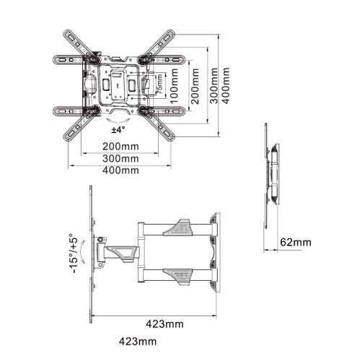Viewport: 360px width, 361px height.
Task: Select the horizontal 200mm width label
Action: click(120, 147)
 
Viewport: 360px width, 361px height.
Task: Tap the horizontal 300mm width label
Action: click(120, 158)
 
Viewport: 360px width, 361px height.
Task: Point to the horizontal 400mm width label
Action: click(120, 170)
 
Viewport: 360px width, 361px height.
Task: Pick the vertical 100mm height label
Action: click(174, 87)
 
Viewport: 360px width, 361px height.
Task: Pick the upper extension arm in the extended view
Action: click(173, 228)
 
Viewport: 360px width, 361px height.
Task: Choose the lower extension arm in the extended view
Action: click(173, 274)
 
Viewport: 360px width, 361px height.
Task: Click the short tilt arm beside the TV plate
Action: click(119, 253)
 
